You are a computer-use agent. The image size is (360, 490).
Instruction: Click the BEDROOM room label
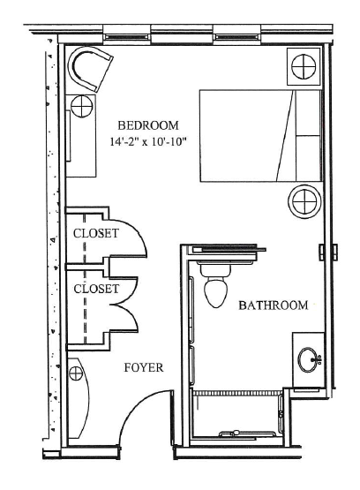click(x=148, y=125)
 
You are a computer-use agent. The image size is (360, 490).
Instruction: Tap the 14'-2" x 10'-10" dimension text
click(x=148, y=142)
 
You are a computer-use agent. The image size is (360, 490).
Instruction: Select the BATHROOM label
click(x=274, y=305)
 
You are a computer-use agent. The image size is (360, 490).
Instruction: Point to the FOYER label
click(x=144, y=367)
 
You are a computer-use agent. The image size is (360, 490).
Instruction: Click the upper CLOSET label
click(x=96, y=233)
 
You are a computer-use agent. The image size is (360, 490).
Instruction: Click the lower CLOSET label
click(x=96, y=289)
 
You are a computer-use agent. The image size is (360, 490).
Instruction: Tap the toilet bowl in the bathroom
click(x=215, y=292)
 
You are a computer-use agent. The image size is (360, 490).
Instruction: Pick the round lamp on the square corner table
click(x=304, y=66)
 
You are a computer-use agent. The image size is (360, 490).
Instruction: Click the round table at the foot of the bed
click(x=304, y=201)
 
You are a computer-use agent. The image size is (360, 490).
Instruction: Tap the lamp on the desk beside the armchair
click(x=81, y=106)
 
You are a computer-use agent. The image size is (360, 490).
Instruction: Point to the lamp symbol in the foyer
click(x=75, y=373)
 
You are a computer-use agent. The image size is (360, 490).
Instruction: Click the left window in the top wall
click(x=126, y=37)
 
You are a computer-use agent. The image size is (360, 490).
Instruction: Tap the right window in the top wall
click(x=237, y=37)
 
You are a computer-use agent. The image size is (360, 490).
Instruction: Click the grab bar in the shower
click(x=247, y=433)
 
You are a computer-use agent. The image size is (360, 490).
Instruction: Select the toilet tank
click(x=215, y=271)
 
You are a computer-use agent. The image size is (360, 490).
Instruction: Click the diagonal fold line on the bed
click(x=285, y=136)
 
